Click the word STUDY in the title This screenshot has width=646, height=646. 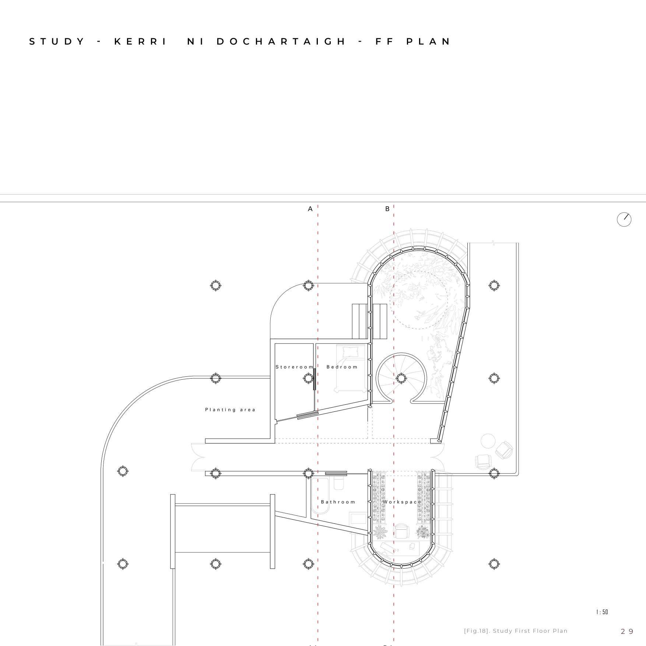(x=57, y=41)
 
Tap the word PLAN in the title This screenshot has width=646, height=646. (x=429, y=41)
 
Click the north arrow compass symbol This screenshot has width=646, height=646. (x=624, y=220)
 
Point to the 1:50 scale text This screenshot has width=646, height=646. (x=602, y=612)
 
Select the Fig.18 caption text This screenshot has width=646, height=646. (x=516, y=631)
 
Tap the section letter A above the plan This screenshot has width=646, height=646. (x=310, y=209)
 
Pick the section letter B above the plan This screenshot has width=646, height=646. (x=387, y=209)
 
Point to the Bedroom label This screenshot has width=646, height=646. (x=342, y=367)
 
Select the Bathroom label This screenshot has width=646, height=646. (x=338, y=502)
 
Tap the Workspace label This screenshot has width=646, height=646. (x=402, y=502)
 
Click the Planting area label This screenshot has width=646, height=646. (x=230, y=410)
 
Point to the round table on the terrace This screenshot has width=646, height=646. (x=488, y=441)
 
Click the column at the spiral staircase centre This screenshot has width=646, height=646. (x=401, y=378)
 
